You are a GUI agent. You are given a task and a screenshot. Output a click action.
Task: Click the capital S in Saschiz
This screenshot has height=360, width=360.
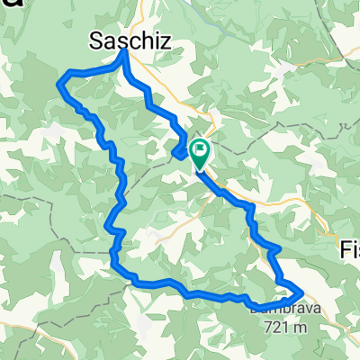(x=96, y=39)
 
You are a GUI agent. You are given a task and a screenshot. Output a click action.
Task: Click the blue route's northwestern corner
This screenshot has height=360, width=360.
(x=60, y=82)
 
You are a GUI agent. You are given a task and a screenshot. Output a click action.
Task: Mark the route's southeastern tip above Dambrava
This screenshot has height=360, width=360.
(x=300, y=290)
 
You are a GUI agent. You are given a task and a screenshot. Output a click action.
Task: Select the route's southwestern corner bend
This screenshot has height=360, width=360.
(x=114, y=263)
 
